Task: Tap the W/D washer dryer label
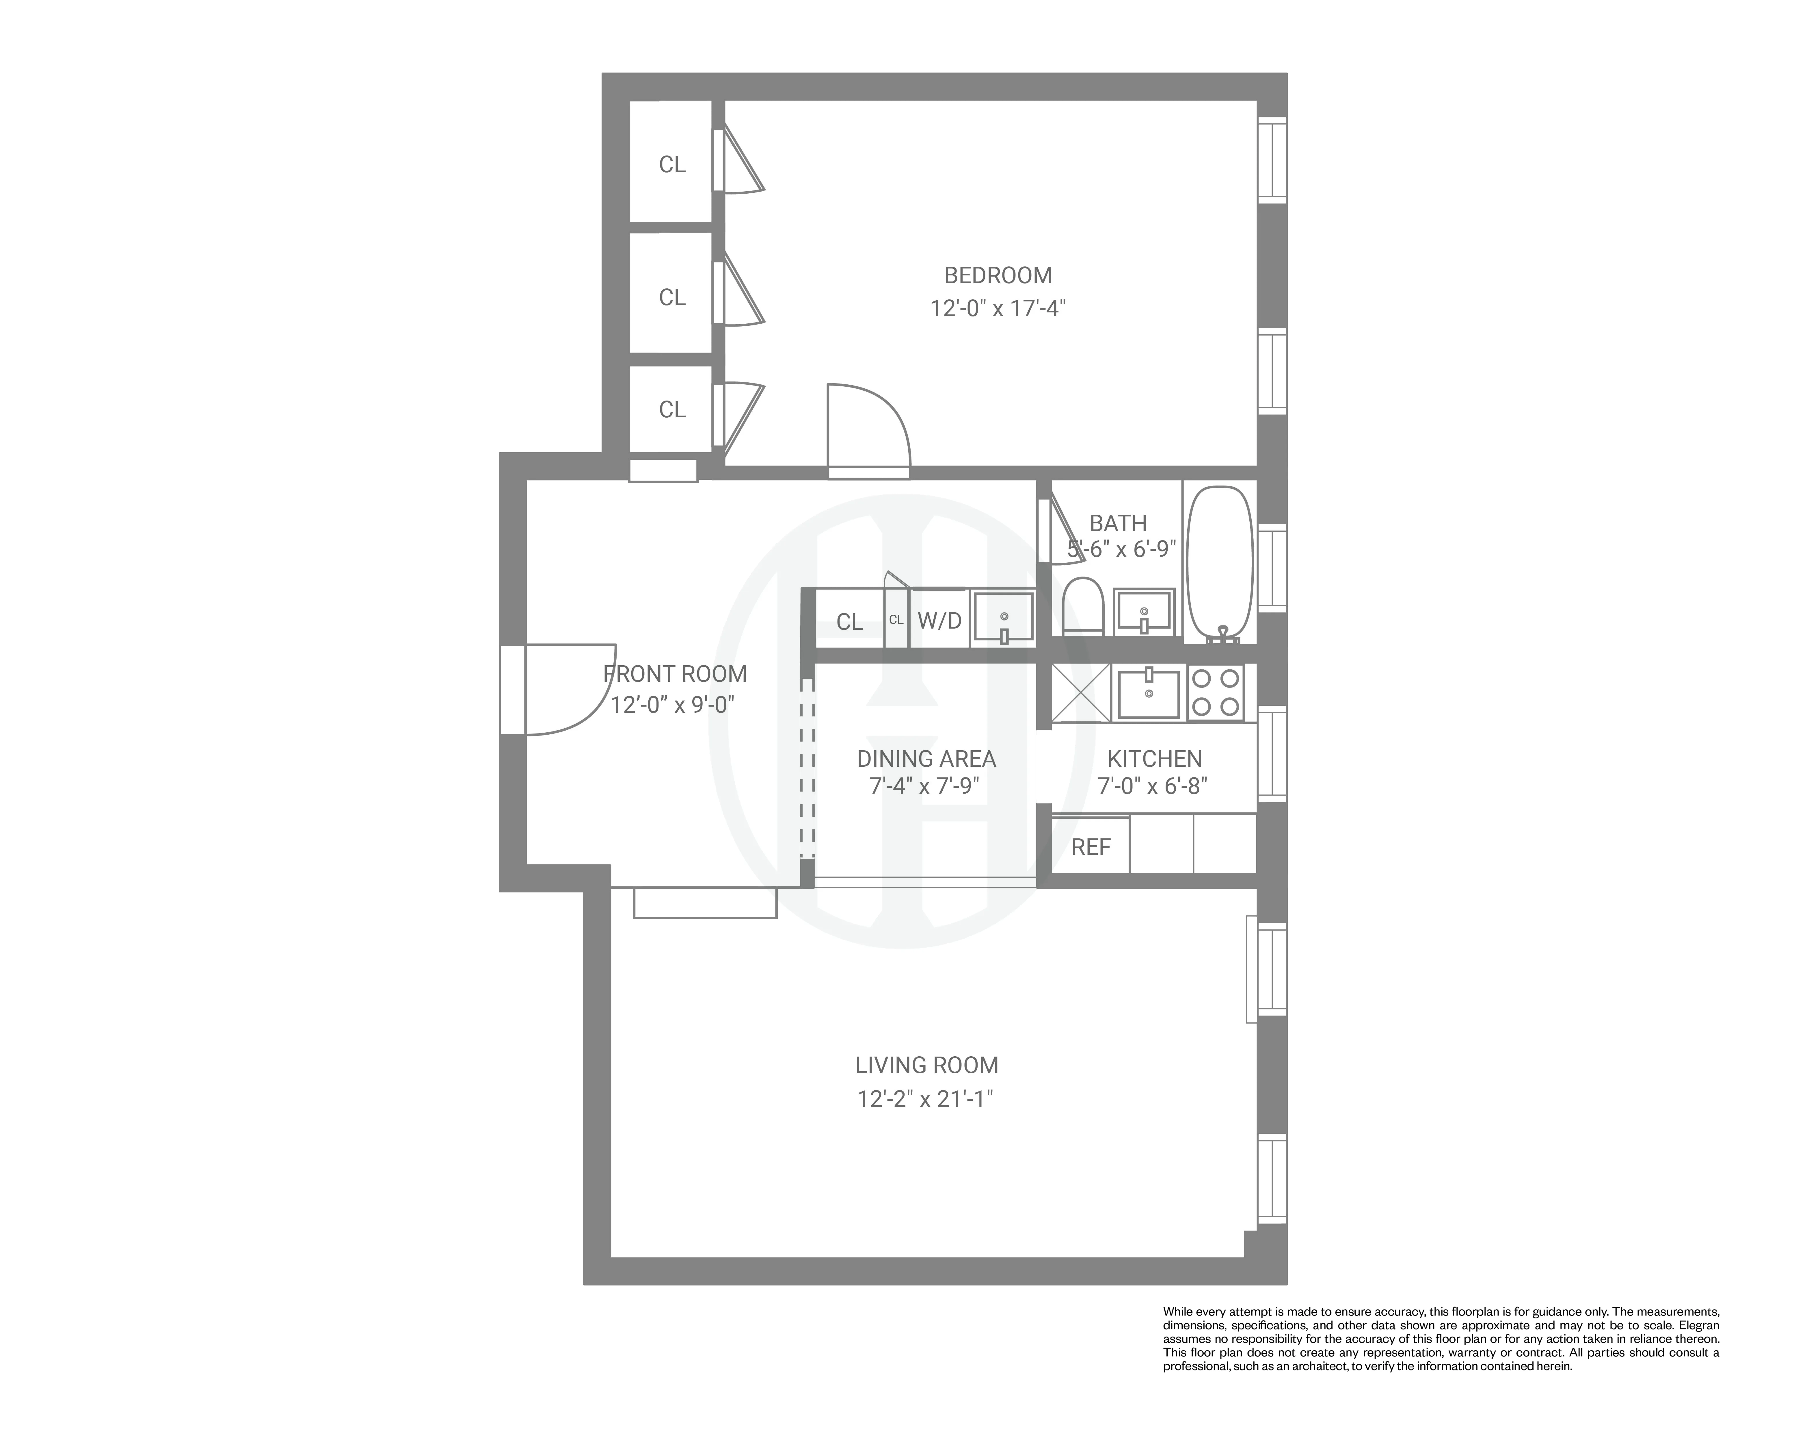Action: pyautogui.click(x=939, y=621)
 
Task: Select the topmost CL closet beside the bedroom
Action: pyautogui.click(x=671, y=164)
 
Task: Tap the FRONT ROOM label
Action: pyautogui.click(x=675, y=673)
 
